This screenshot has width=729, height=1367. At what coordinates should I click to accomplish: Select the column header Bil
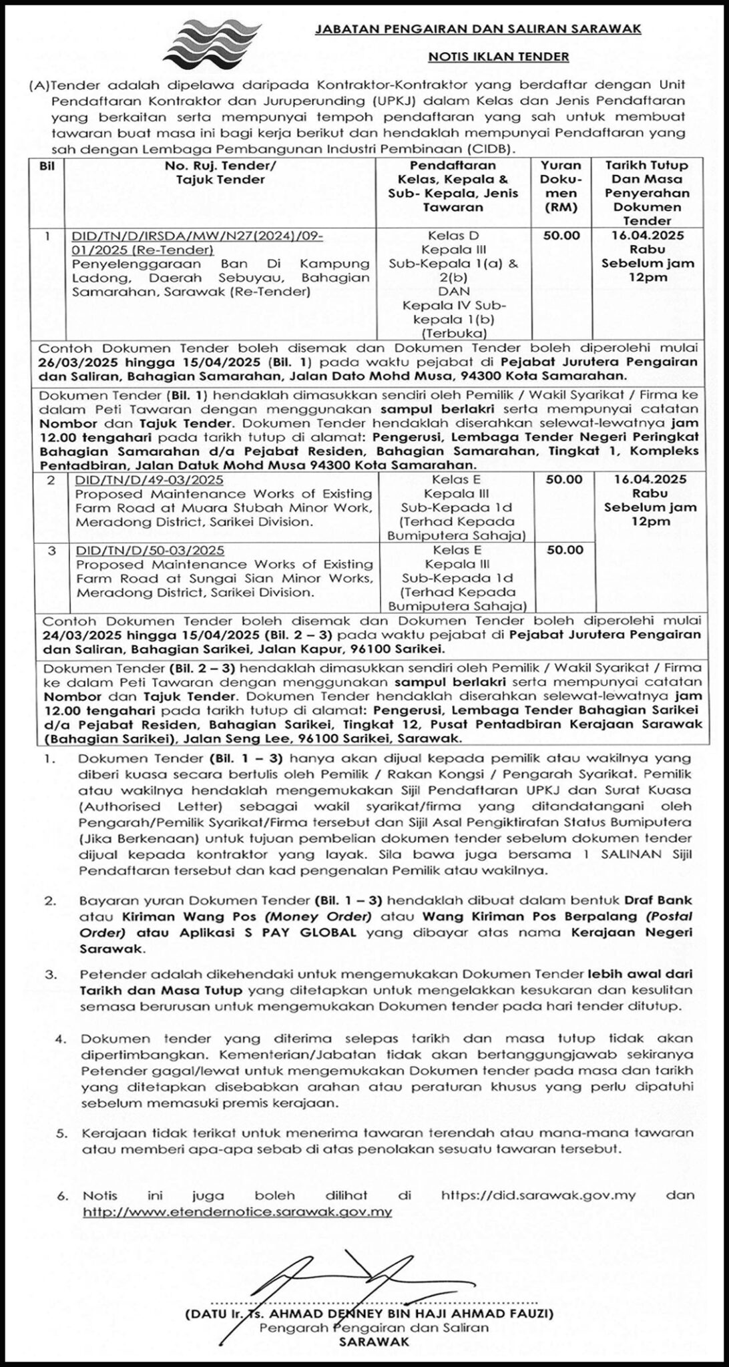tap(47, 166)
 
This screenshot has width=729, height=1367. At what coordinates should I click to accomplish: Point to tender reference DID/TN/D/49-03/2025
tap(149, 480)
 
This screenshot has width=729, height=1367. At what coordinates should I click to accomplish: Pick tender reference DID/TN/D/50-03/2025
tap(150, 550)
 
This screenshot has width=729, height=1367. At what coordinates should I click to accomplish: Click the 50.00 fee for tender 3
tap(565, 550)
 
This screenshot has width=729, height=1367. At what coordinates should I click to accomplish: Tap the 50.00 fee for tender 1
tap(565, 236)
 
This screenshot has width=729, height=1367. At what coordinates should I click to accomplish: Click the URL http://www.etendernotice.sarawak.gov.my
tap(237, 1210)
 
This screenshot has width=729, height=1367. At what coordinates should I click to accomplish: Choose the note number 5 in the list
tap(62, 1133)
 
